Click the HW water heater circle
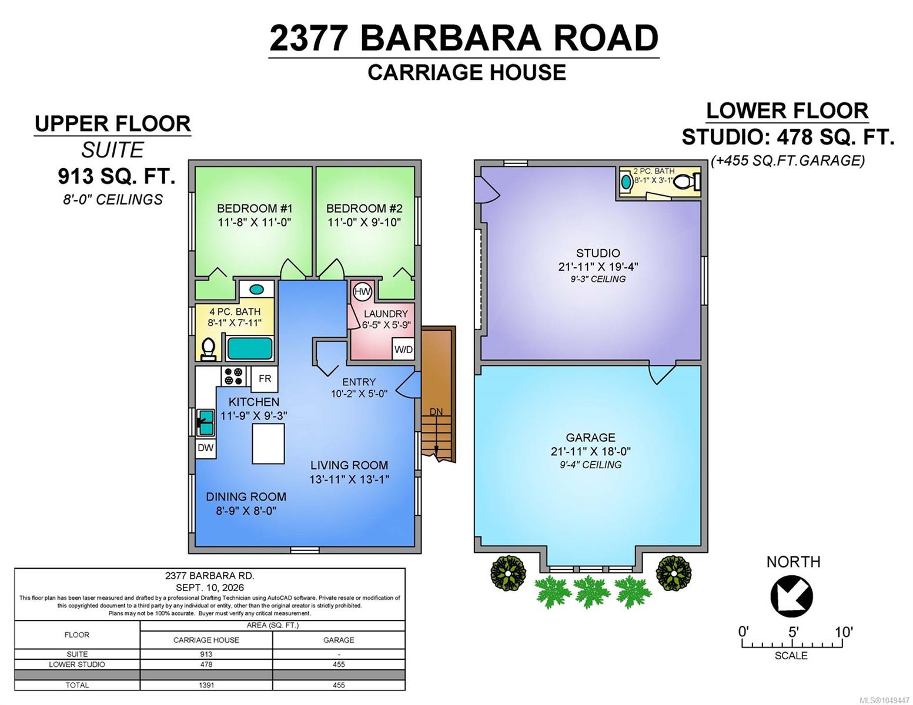tap(363, 291)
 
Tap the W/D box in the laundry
tap(403, 349)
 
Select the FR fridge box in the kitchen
tap(265, 379)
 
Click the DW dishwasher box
tap(205, 448)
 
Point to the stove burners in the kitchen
tap(233, 376)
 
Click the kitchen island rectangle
tap(268, 444)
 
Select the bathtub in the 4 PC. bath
tap(250, 348)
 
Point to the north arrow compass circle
tap(791, 597)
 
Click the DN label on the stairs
tap(436, 412)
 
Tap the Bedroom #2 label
tap(364, 208)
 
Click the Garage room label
tap(590, 438)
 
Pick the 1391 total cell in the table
tap(206, 685)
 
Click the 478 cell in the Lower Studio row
tap(206, 664)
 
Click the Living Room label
tap(349, 465)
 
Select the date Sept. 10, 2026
tap(210, 587)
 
